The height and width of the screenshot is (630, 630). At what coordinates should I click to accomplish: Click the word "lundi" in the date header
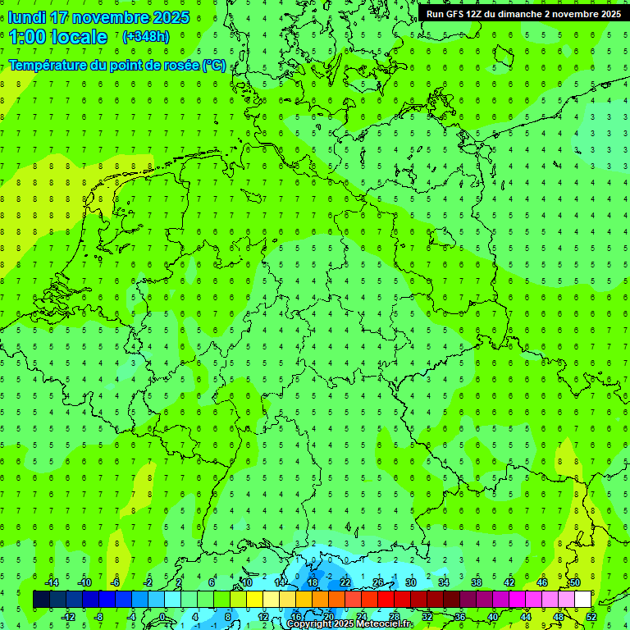point(26,17)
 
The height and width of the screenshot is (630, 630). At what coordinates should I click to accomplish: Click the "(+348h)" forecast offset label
point(146,37)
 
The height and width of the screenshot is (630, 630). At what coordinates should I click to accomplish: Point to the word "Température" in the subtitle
point(48,66)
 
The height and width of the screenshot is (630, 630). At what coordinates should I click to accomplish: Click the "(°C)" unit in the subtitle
point(214,66)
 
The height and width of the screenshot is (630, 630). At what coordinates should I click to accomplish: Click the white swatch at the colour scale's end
point(582,600)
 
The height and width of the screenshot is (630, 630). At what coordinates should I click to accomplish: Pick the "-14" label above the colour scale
point(51,582)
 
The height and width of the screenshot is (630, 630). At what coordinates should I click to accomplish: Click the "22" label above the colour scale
point(345,582)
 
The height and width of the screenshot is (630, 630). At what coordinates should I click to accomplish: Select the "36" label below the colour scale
point(460,617)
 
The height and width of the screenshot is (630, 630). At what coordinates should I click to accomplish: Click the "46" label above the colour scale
point(542,582)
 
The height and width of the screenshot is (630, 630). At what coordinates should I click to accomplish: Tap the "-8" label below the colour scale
point(100,617)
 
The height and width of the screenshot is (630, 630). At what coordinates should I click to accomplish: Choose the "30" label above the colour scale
point(410,582)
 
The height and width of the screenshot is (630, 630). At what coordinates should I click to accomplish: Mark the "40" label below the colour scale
point(493,617)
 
